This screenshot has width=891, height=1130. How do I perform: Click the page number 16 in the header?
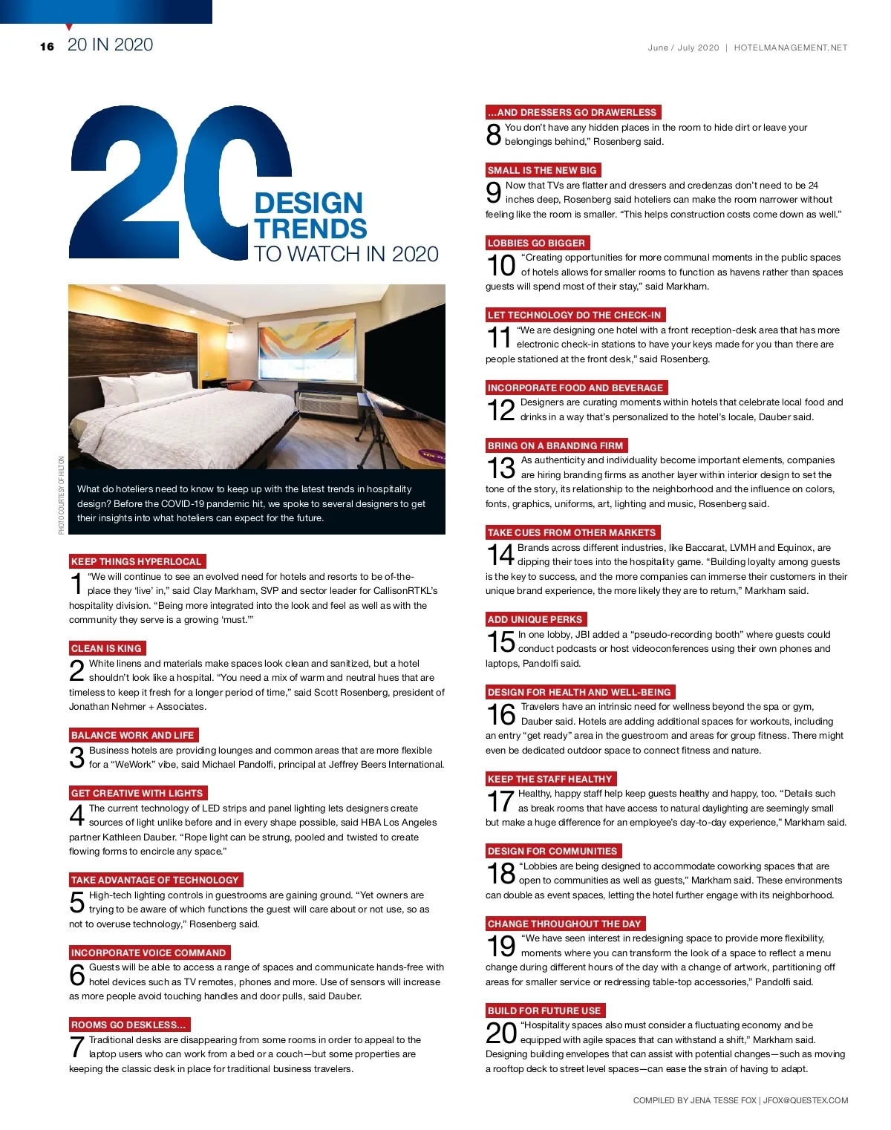[x=48, y=47]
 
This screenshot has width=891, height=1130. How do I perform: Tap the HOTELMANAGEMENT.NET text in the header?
[x=790, y=48]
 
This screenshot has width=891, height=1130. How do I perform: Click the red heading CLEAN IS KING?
[x=107, y=648]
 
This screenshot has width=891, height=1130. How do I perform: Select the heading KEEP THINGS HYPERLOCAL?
[x=137, y=561]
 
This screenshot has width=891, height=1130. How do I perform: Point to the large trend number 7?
[x=76, y=1048]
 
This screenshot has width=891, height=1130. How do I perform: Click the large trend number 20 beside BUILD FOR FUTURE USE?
[x=501, y=1033]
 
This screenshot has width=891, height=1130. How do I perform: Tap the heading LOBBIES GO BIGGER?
[x=537, y=243]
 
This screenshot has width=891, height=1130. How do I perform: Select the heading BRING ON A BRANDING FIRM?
[x=555, y=445]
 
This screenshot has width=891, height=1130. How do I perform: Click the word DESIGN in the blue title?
[x=308, y=203]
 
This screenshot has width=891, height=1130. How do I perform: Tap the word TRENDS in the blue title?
[x=310, y=229]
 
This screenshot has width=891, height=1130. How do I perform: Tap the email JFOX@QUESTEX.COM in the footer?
[x=806, y=1100]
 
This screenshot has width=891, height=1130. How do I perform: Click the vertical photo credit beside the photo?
[x=62, y=494]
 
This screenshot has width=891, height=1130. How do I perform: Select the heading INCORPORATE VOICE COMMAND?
[x=148, y=953]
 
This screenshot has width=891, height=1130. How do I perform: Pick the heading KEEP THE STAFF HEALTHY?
[x=550, y=779]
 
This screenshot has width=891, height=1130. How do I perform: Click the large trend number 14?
[x=500, y=555]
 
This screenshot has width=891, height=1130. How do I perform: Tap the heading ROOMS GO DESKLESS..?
[x=128, y=1025]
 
